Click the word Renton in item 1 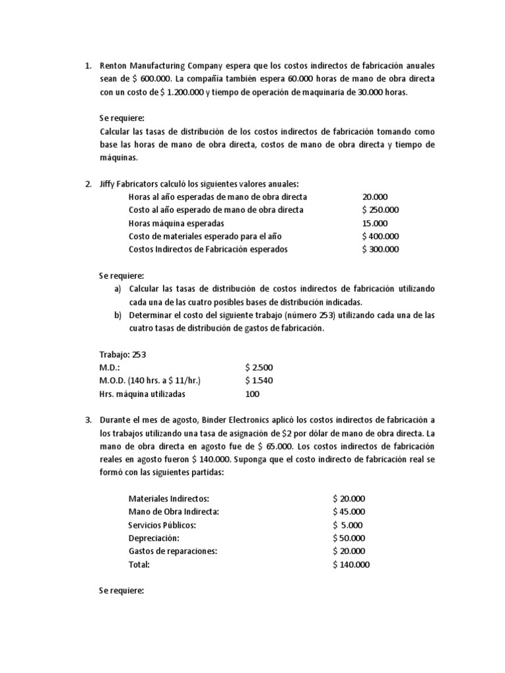tap(112, 66)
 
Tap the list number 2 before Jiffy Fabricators tap(89, 184)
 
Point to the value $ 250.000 tap(380, 210)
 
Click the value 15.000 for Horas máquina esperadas tap(375, 223)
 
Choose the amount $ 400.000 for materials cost tap(380, 237)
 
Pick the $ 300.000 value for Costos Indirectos tap(380, 250)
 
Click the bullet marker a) tap(118, 289)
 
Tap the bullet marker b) tap(118, 315)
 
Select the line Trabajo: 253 tap(122, 355)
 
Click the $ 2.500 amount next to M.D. tap(258, 368)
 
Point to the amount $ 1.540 tap(258, 381)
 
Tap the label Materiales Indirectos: tap(169, 499)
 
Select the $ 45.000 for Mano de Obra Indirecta tap(349, 513)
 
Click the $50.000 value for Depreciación tap(349, 538)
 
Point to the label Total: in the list tap(139, 565)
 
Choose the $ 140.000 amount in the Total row tap(351, 565)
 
